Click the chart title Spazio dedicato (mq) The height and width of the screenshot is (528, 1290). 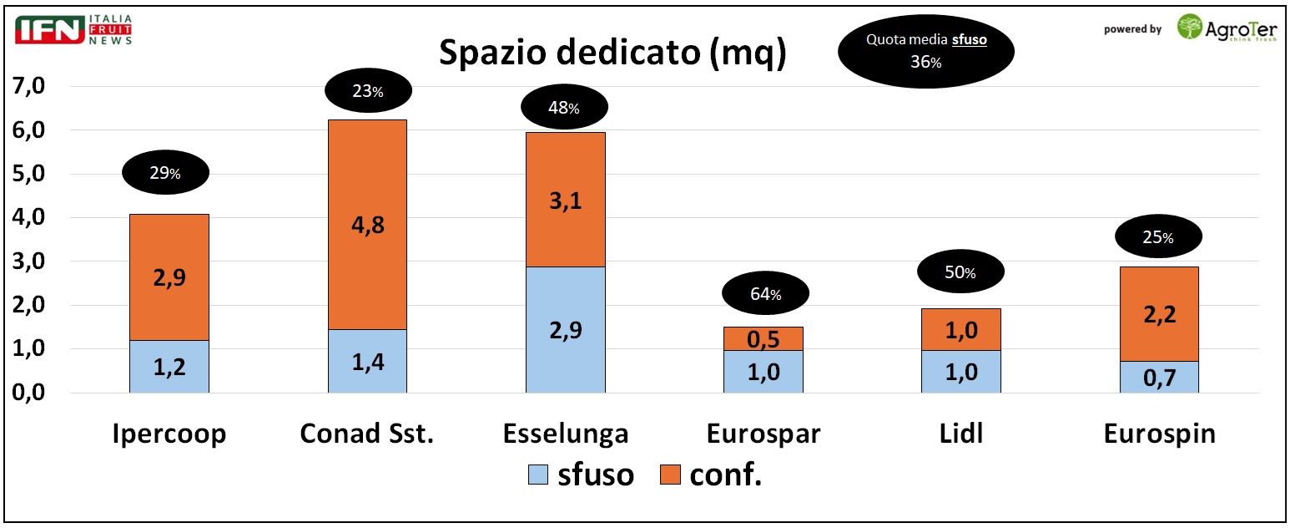coord(612,53)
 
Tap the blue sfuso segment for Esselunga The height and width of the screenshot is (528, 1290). coord(565,329)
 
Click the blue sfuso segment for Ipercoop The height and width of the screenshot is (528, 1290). coord(169,366)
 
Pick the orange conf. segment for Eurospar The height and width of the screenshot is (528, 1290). coord(763,338)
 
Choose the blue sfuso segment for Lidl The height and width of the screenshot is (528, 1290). coord(960,371)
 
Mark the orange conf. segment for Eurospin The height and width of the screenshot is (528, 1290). coord(1159,314)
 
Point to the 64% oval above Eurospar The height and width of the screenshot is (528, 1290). coord(765,294)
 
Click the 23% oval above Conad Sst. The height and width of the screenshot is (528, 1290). coord(367,92)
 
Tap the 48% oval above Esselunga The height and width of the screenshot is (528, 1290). coord(565,107)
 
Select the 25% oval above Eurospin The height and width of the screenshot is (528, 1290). coord(1159,238)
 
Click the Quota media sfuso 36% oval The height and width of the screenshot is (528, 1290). coord(926,51)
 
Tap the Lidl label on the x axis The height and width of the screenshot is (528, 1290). coord(960,434)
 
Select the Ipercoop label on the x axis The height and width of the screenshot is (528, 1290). coord(169,434)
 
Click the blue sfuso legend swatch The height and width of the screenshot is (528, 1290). coord(538,475)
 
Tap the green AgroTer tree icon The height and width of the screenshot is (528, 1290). coord(1190,27)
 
